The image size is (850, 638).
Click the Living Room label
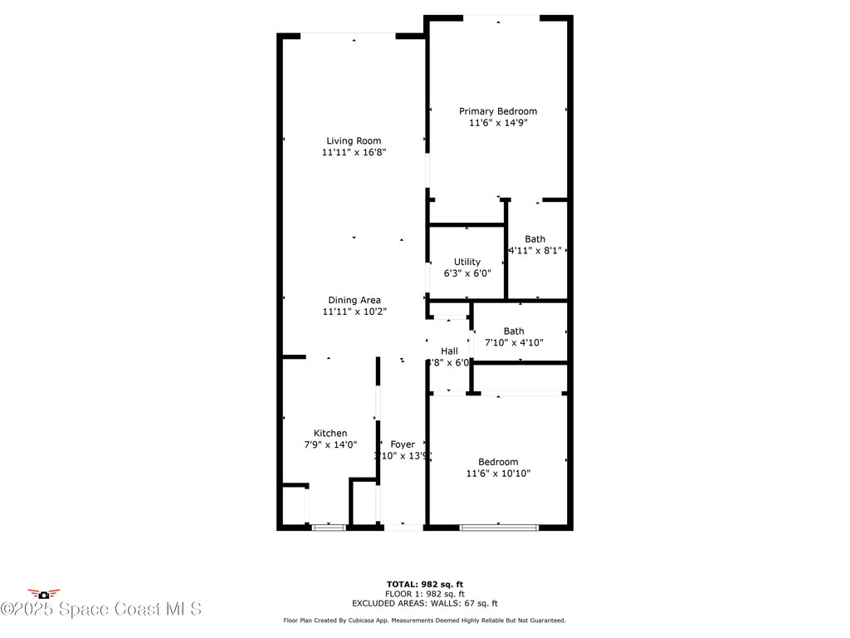354,141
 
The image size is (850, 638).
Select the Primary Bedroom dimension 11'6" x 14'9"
498,123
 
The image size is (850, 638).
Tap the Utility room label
467,262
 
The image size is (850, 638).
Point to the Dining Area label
354,300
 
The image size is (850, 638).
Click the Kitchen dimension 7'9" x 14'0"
330,445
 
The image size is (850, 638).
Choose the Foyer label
403,444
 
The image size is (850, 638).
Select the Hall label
449,351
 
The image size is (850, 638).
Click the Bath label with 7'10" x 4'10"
514,331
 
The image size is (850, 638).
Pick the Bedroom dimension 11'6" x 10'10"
498,474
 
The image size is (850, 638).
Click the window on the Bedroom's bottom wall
499,527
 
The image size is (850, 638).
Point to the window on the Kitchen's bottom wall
328,527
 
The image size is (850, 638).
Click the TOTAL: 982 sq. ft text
424,584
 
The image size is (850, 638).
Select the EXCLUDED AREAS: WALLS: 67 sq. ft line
424,604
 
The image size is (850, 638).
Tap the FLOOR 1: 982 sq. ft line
424,594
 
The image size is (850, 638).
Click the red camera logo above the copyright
43,593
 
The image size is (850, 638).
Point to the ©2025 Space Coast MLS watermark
100,610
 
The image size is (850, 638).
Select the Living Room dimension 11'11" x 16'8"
354,153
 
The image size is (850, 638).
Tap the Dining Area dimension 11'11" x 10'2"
354,312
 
